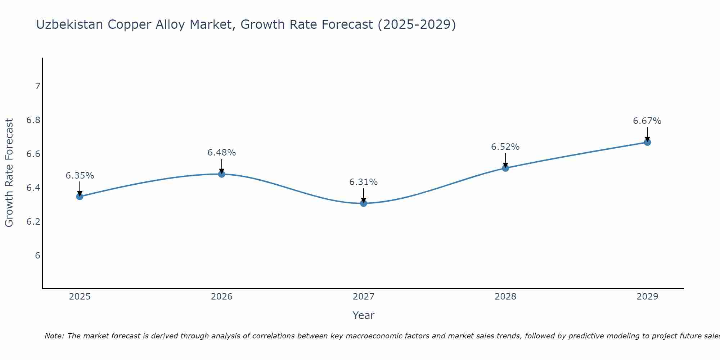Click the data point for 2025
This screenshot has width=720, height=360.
[80, 197]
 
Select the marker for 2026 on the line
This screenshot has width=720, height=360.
[222, 174]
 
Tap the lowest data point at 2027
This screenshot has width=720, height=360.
[364, 203]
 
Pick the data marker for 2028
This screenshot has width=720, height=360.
[505, 168]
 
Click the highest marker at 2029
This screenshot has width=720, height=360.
[647, 142]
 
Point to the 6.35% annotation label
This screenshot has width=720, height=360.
[80, 176]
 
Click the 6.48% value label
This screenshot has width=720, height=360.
[222, 153]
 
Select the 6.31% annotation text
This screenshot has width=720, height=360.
[364, 182]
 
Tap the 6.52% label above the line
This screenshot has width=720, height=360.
[505, 147]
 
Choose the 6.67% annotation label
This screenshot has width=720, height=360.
[647, 121]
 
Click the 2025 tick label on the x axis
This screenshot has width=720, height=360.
[80, 297]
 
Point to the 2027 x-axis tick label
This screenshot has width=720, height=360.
[364, 297]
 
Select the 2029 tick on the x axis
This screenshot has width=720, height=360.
[647, 297]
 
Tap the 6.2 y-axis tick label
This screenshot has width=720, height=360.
[33, 222]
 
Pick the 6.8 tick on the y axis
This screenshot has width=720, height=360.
[33, 120]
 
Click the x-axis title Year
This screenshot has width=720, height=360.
[364, 315]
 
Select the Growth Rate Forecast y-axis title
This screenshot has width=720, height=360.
[9, 173]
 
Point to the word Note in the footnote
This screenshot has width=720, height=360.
[54, 336]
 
